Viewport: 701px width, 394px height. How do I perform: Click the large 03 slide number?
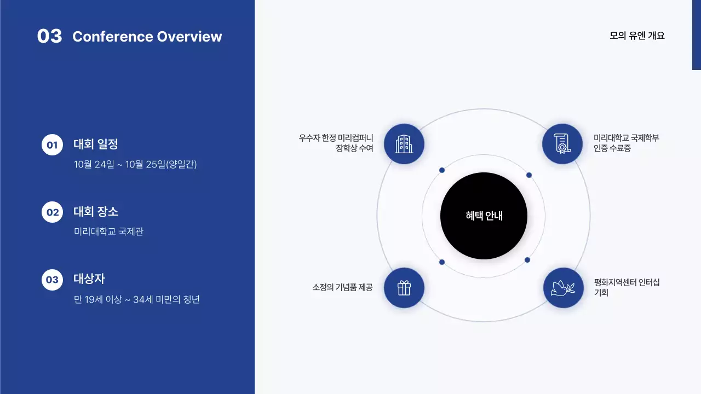(x=49, y=36)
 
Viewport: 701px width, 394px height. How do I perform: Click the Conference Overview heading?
(x=147, y=37)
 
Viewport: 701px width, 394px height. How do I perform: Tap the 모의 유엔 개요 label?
(x=637, y=36)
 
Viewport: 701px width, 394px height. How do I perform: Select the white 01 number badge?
(x=52, y=145)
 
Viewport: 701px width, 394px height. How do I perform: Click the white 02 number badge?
(x=52, y=212)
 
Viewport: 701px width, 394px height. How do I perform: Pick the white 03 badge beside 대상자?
(x=52, y=280)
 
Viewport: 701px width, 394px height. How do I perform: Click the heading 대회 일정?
(x=96, y=144)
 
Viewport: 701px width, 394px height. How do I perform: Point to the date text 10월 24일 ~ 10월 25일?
(x=135, y=164)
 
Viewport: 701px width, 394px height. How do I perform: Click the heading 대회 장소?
(x=96, y=212)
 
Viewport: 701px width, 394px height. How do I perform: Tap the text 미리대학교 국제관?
(x=108, y=231)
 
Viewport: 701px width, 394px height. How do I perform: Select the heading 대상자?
(x=89, y=279)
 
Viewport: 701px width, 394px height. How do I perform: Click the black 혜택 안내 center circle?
(x=484, y=216)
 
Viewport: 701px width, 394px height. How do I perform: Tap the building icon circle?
(x=404, y=144)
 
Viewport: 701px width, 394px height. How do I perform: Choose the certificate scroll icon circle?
(x=562, y=144)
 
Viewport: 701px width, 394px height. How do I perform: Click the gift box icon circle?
(x=404, y=288)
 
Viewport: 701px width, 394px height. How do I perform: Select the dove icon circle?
(x=563, y=288)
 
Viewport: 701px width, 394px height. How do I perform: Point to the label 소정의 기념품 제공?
(x=342, y=287)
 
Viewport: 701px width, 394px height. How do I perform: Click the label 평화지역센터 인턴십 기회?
(x=627, y=287)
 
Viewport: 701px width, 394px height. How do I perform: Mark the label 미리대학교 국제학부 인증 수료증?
(x=626, y=143)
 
